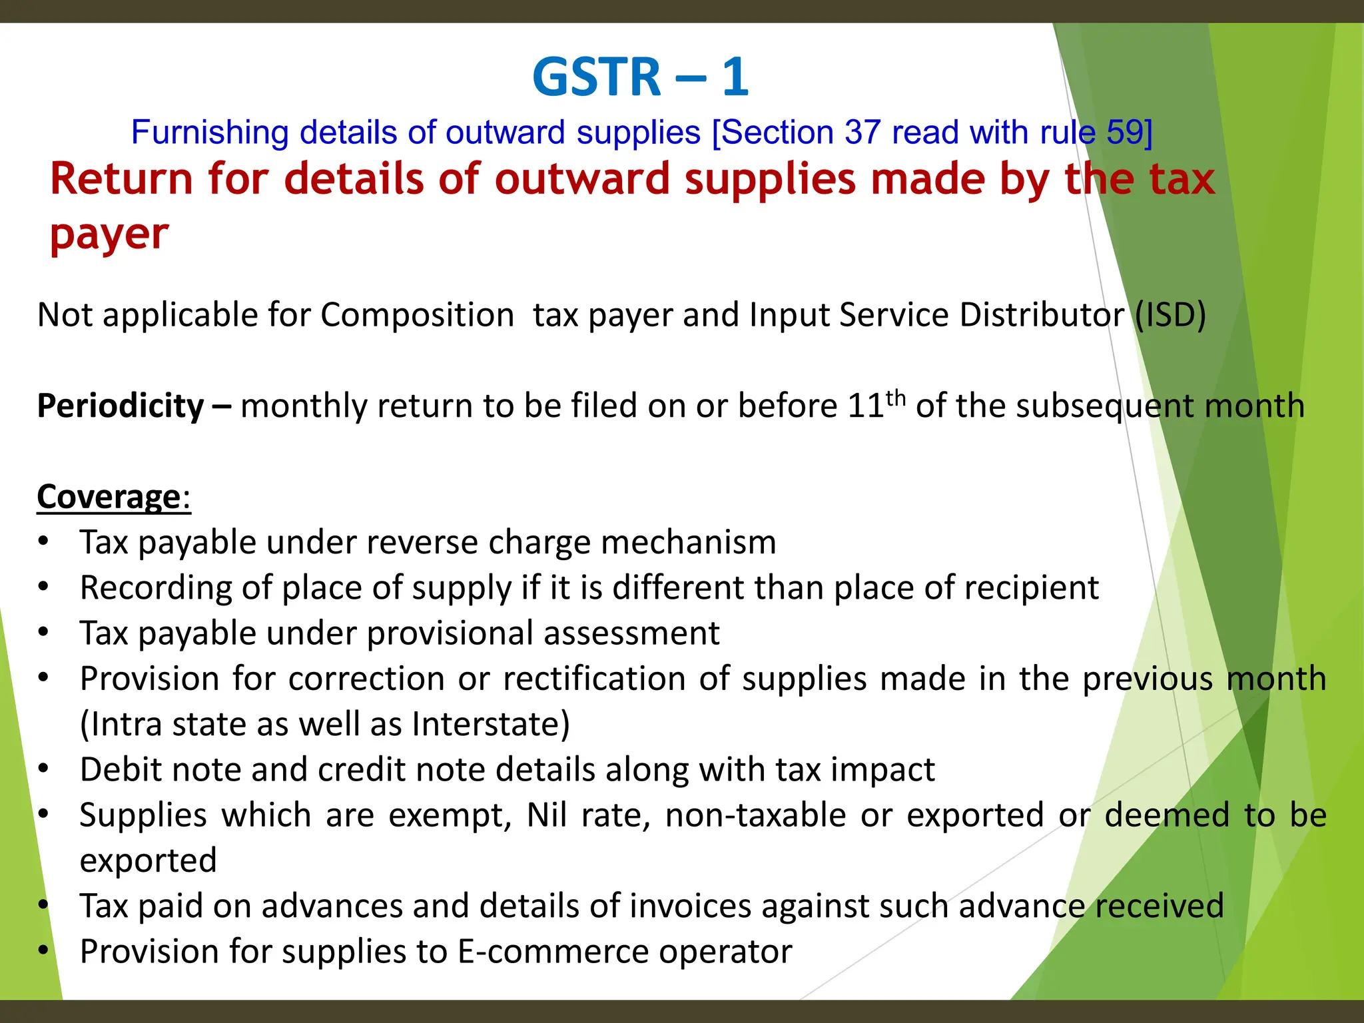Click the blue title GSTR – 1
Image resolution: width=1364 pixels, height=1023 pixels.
pos(641,77)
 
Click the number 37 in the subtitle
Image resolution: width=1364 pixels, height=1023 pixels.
pos(862,133)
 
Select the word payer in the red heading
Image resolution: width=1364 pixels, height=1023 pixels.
pos(109,235)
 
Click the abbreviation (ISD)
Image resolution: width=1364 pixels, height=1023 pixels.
pos(1170,315)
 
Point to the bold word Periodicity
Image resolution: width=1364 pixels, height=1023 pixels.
pos(121,406)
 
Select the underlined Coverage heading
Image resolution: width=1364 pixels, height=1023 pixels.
pos(109,497)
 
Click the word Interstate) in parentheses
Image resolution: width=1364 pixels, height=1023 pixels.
pos(491,725)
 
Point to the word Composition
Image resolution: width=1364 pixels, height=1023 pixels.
pos(417,315)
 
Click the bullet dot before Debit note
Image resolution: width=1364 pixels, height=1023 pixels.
pos(43,769)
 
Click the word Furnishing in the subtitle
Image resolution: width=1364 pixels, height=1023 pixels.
pos(210,133)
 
